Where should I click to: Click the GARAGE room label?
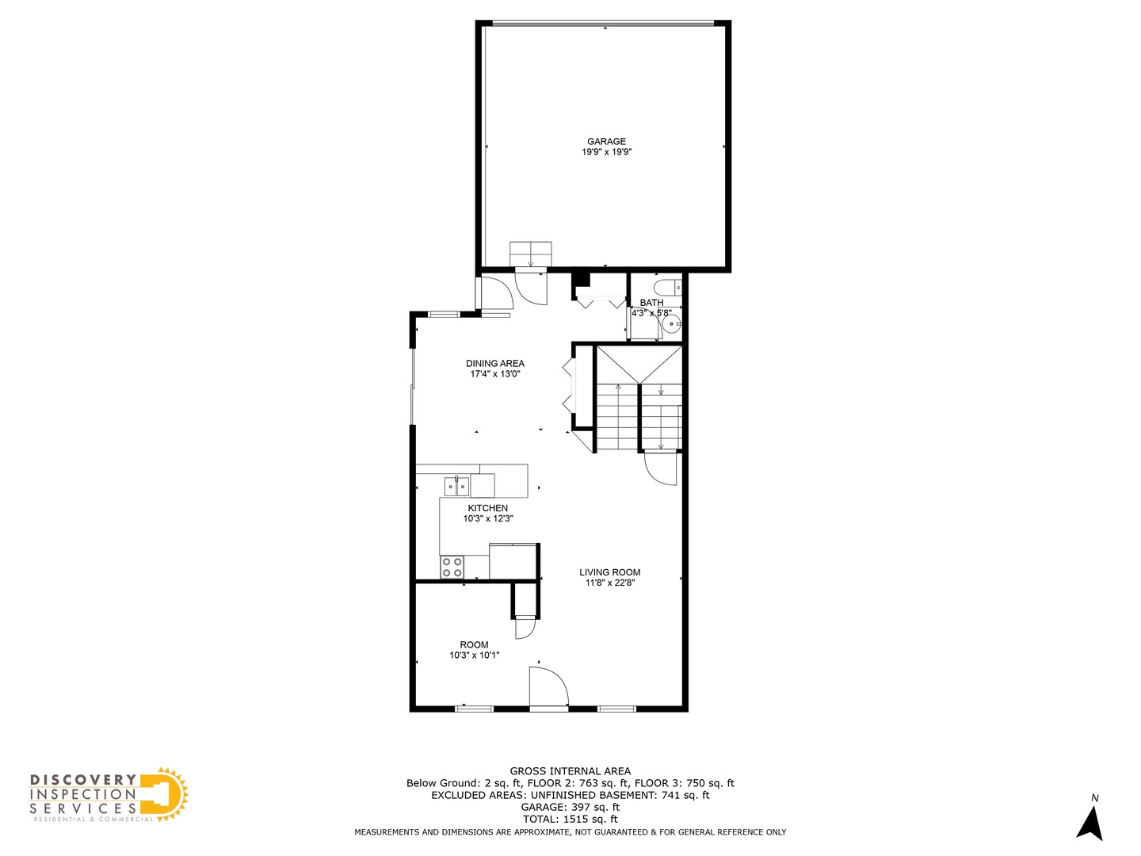coord(606,141)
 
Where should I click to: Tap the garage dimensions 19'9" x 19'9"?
coord(606,152)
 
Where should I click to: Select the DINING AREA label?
coord(494,363)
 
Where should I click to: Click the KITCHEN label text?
coord(487,508)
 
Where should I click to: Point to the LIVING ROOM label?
coord(609,572)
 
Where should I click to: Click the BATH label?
coord(651,303)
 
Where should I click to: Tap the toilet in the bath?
coord(666,287)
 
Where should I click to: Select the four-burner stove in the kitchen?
coord(452,567)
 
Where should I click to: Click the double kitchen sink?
coord(456,485)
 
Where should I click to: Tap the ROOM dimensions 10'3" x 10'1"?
coord(474,655)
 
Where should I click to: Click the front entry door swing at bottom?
coord(548,686)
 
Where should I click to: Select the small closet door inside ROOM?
coord(525,629)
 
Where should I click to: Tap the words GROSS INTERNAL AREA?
coord(570,770)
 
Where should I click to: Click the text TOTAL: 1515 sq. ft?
coord(570,819)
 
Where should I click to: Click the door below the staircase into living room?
coord(660,467)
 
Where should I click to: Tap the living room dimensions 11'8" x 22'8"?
coord(609,583)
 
